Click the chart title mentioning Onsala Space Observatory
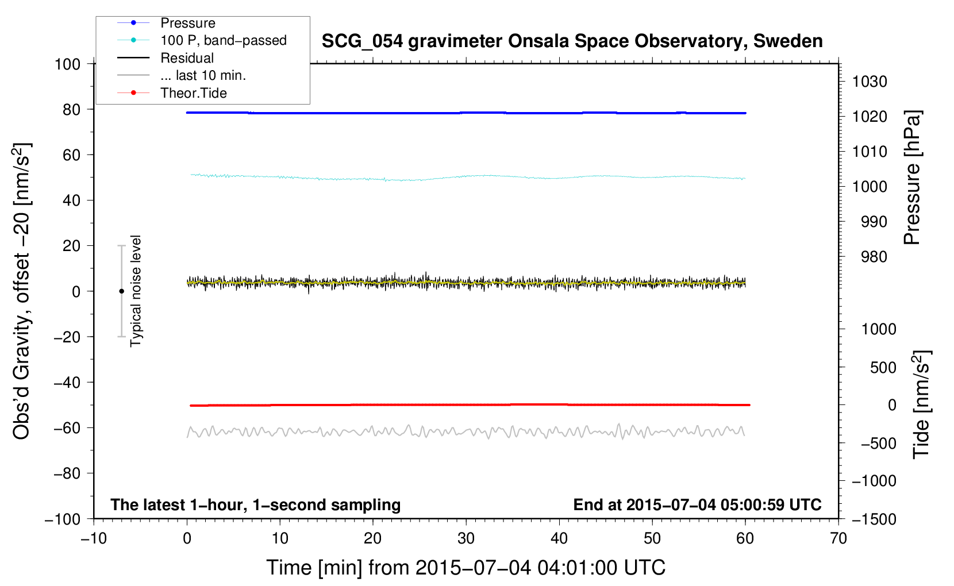572,41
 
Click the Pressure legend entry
187,23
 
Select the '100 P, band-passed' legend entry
223,40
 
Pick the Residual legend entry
187,58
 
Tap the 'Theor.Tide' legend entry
193,93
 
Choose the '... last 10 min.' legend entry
203,75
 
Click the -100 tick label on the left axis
63,519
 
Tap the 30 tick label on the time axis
466,538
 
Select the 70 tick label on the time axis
838,538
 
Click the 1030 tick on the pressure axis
870,82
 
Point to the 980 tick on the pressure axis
874,257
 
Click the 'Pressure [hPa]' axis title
912,178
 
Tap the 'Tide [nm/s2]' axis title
921,404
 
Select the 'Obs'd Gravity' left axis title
22,291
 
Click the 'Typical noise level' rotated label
136,291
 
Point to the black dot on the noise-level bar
121,291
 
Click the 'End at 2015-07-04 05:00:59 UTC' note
697,504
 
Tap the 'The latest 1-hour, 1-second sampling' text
255,504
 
